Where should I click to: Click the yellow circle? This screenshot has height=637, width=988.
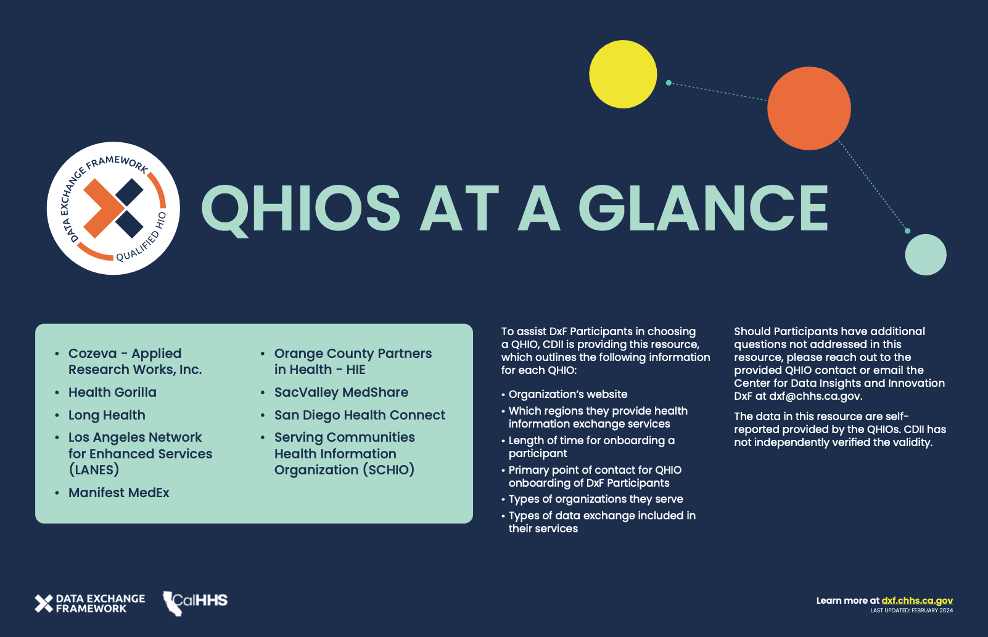[x=623, y=74]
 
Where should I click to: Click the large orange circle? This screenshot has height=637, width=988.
[x=809, y=108]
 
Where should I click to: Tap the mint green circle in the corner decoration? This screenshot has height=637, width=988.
[x=925, y=254]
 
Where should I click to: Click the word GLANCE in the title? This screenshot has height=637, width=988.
[x=704, y=208]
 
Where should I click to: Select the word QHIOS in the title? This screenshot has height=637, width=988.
[x=301, y=210]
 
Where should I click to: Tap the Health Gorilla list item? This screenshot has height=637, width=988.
[x=112, y=392]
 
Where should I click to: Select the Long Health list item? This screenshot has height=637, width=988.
[x=107, y=415]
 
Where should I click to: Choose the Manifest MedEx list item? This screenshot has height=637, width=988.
[x=118, y=492]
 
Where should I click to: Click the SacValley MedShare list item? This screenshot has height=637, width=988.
[x=341, y=392]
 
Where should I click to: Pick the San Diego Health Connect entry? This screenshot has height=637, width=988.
[x=360, y=415]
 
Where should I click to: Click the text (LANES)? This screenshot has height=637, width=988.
[x=94, y=469]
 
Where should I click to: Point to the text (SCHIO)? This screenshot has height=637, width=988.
[x=389, y=469]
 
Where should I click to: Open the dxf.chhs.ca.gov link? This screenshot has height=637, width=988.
[x=917, y=601]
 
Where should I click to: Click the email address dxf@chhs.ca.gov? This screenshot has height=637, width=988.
[x=815, y=396]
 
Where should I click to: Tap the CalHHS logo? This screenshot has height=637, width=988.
[x=195, y=604]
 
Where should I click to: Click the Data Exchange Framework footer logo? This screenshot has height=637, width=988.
[x=90, y=604]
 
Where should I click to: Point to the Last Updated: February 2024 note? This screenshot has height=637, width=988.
[x=912, y=611]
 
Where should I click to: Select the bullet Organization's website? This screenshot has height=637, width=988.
[x=567, y=394]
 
